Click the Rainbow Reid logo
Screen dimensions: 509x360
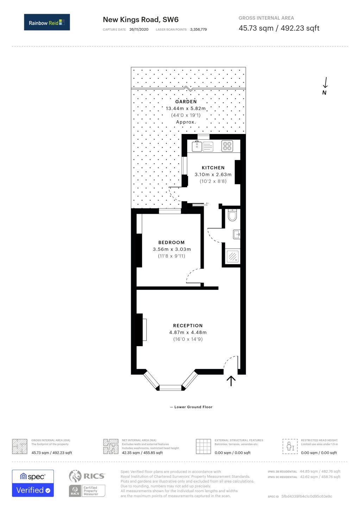47,22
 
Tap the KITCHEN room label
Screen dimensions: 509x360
213,168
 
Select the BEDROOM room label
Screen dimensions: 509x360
171,242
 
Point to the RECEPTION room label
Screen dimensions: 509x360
188,326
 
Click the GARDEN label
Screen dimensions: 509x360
186,102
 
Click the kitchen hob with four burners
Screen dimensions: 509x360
227,146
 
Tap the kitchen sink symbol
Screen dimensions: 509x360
197,146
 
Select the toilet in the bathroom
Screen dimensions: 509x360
232,215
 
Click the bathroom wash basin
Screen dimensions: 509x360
236,234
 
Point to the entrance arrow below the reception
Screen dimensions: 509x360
231,381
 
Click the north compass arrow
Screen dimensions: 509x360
326,83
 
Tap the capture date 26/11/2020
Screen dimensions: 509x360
139,30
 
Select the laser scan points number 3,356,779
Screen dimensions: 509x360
198,30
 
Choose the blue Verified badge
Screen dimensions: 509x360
33,490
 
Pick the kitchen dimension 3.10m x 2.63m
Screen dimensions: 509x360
213,174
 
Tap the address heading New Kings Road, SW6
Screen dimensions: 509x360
141,20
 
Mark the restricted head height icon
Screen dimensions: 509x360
290,446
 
